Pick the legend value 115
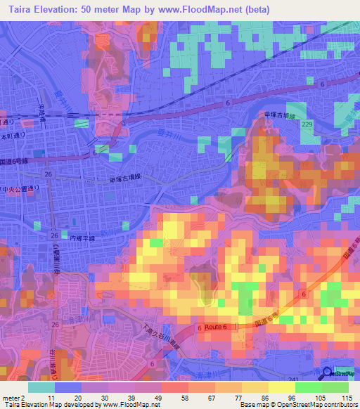346,397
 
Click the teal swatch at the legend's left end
41,387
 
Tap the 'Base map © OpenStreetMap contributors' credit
296,405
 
